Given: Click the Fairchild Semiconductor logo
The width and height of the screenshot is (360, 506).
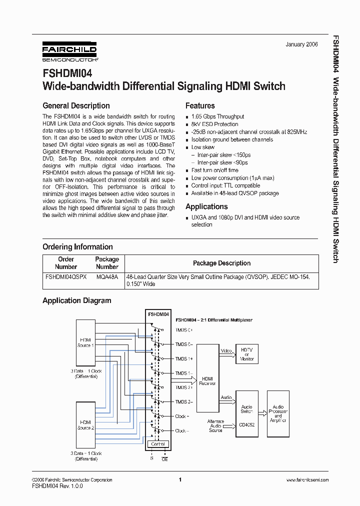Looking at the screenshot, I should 69,51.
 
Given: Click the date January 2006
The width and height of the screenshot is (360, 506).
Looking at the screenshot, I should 302,44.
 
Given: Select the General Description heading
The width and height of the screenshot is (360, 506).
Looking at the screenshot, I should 76,105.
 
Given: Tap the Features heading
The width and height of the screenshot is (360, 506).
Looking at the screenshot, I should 200,105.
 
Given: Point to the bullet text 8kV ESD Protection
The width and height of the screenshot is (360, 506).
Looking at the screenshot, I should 214,124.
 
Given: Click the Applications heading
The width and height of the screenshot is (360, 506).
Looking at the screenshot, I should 206,206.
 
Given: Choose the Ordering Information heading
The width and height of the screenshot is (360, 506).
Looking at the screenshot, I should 77,246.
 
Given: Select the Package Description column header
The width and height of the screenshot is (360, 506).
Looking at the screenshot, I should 221,263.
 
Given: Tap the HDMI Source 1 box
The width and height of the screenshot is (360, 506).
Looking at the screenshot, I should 84,342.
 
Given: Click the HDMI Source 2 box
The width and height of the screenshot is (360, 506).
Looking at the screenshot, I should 84,424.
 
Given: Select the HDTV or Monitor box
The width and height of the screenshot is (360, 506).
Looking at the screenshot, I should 247,355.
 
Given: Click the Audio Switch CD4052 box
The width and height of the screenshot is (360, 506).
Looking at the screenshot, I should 247,413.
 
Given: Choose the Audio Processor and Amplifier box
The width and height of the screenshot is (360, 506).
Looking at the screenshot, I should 278,413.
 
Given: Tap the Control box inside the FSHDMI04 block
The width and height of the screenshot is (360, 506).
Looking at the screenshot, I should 157,444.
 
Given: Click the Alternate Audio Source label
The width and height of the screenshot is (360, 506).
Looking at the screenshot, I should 215,426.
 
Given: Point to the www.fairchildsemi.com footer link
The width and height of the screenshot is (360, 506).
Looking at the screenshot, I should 307,479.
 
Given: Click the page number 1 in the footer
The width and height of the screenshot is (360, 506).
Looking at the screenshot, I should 179,479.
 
